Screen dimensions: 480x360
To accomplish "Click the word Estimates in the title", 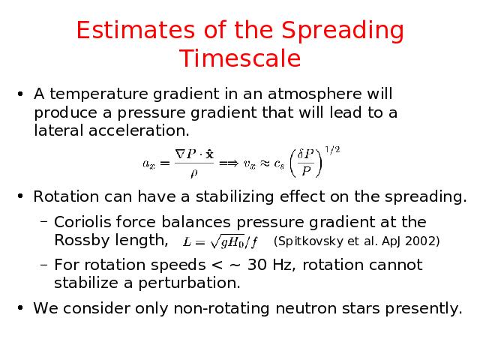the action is click(x=135, y=30).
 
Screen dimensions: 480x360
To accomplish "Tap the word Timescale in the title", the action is click(x=240, y=58).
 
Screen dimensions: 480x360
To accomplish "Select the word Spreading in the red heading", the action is click(x=343, y=31).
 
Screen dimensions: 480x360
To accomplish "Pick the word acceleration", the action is click(x=139, y=130).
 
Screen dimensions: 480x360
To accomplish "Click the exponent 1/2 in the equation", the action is click(x=332, y=150).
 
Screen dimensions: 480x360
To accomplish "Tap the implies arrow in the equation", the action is click(x=229, y=163).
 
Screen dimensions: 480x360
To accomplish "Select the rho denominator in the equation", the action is click(x=193, y=173).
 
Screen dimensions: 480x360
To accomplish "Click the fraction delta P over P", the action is click(x=305, y=163).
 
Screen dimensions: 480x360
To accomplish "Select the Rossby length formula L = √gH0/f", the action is click(x=220, y=242).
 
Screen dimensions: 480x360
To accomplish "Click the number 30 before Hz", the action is click(x=256, y=265).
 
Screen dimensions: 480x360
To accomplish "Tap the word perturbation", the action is click(x=189, y=283).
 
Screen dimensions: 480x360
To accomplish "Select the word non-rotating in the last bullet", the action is click(x=221, y=308).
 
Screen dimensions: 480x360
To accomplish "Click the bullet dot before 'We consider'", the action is click(x=20, y=307).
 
